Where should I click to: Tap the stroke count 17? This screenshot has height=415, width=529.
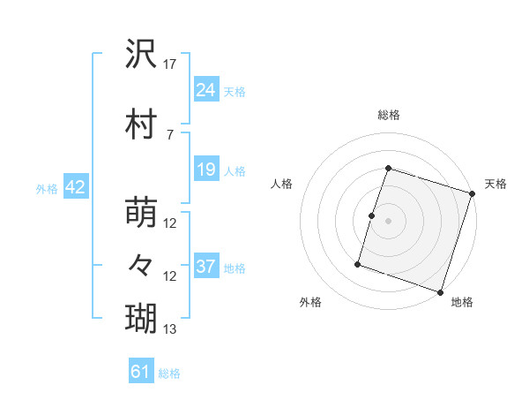(x=170, y=64)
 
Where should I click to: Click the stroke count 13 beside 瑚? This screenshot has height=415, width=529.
(x=170, y=329)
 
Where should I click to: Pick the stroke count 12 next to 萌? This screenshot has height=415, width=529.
(x=170, y=224)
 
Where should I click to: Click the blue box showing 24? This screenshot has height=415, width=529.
(x=206, y=89)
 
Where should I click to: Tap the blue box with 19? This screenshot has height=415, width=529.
(x=206, y=170)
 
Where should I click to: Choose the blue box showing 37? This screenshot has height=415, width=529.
(x=206, y=267)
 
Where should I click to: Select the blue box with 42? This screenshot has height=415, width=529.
(x=75, y=187)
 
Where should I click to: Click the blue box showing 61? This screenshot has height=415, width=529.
(x=141, y=372)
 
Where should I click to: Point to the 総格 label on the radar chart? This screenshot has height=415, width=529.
(x=388, y=116)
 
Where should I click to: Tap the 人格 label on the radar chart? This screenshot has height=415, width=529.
(x=282, y=184)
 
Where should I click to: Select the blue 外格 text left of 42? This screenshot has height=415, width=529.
(x=47, y=188)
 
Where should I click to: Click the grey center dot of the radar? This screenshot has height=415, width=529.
(x=388, y=221)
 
